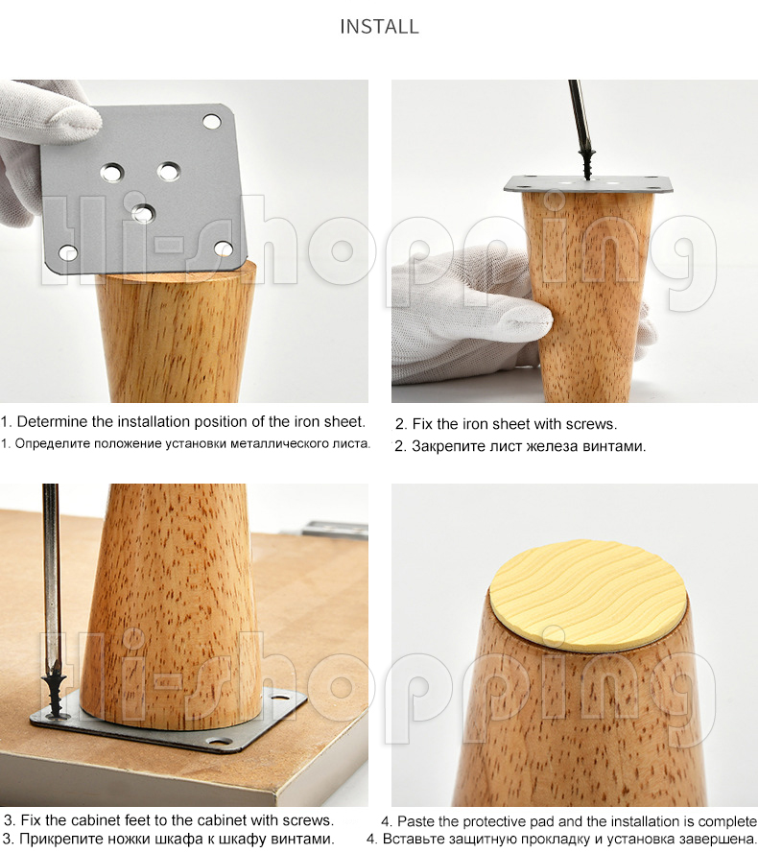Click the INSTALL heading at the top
(x=379, y=27)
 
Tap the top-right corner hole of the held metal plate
(x=212, y=121)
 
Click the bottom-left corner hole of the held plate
(x=68, y=251)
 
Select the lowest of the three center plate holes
(x=143, y=212)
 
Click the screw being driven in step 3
(x=55, y=694)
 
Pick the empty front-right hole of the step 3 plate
(x=221, y=741)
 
